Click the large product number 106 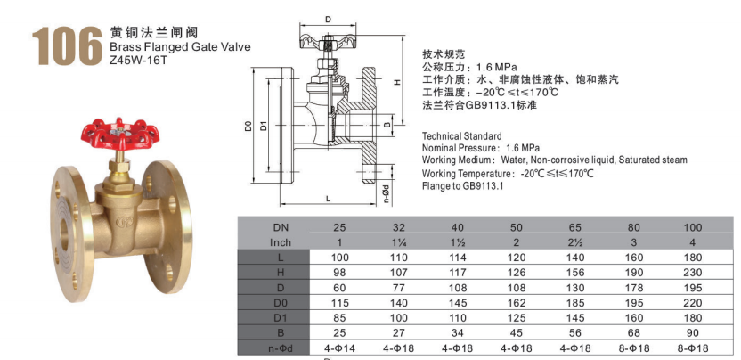[67, 45]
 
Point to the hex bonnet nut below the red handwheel [119, 166]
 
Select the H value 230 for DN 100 [692, 273]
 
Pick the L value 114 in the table [457, 258]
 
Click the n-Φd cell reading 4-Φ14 [340, 348]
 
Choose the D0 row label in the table [281, 303]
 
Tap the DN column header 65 [575, 227]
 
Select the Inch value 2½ [575, 242]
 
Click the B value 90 [692, 333]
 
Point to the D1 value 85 [340, 318]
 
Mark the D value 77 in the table [398, 288]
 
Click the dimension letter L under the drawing [328, 199]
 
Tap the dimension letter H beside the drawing [397, 81]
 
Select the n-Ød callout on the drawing [387, 193]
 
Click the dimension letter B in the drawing [387, 125]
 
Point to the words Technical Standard [461, 136]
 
